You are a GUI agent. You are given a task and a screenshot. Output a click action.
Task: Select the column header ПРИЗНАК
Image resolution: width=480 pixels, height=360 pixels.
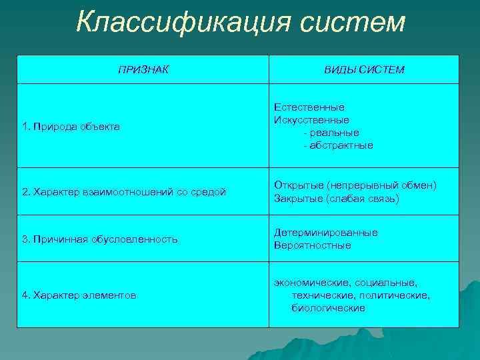[x=143, y=69]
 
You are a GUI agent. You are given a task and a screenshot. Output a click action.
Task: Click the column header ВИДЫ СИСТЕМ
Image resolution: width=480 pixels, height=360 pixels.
[x=364, y=70]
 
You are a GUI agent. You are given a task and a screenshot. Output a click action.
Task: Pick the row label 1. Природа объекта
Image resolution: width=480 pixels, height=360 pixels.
[x=71, y=126]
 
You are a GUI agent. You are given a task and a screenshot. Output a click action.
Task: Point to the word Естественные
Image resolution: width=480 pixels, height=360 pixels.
[x=309, y=107]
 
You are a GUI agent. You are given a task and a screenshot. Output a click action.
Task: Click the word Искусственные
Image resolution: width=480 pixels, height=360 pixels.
[x=311, y=120]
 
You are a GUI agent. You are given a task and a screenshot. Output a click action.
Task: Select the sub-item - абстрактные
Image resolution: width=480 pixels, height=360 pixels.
[x=338, y=145]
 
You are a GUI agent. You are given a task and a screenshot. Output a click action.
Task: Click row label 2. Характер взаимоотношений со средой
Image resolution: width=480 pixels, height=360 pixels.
[x=125, y=192]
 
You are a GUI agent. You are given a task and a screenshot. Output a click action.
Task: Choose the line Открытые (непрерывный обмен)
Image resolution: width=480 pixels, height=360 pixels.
[x=355, y=185]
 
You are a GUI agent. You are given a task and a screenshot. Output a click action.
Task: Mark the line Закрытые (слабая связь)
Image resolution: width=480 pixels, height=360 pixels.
[x=336, y=199]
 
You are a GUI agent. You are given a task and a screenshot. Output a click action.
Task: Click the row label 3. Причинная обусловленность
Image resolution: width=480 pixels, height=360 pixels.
[x=100, y=239]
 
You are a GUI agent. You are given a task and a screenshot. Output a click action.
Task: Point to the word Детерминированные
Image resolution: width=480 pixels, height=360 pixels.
[x=325, y=233]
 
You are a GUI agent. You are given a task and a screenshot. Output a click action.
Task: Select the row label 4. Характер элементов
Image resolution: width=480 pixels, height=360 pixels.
[x=79, y=295]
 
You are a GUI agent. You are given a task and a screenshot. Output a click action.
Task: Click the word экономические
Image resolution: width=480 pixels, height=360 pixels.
[x=307, y=283]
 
